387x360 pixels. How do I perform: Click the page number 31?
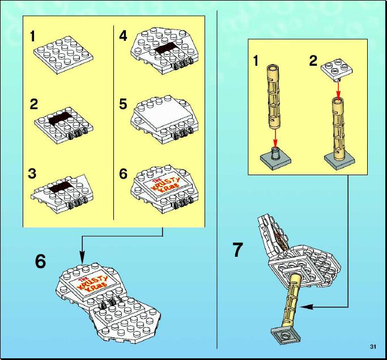coord(373,346)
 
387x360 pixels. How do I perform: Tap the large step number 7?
coord(237,249)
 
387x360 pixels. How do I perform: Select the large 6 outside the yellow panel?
coord(40,261)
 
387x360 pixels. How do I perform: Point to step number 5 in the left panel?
coord(123,104)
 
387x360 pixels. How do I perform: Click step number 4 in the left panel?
coord(123,36)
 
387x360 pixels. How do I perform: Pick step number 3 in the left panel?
coord(32,173)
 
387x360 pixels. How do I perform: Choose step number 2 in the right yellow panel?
coord(313,61)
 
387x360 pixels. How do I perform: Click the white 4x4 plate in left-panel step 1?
coord(63,55)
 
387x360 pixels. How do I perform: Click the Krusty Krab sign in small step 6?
coord(165,185)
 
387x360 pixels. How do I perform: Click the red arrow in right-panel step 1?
coord(275,139)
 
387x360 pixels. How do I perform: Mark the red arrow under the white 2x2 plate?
coord(338,90)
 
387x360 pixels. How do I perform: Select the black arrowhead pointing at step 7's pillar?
coord(307,307)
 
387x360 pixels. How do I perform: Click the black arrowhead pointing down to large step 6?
coord(82,257)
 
